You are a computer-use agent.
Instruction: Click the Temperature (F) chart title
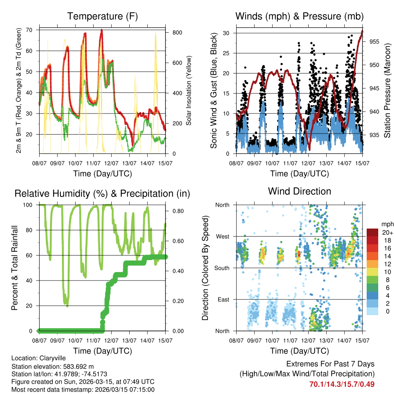[x=102, y=16]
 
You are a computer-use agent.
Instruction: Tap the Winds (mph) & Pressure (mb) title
[x=299, y=16]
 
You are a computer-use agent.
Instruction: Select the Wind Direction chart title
[x=299, y=191]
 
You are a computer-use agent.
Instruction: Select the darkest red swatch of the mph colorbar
[x=372, y=232]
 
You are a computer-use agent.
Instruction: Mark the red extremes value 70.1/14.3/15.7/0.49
[x=342, y=384]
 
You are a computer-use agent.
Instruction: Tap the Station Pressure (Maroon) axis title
[x=387, y=91]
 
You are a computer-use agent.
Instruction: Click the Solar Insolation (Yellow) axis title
[x=189, y=91]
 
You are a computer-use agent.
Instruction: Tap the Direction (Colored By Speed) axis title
[x=205, y=268]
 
